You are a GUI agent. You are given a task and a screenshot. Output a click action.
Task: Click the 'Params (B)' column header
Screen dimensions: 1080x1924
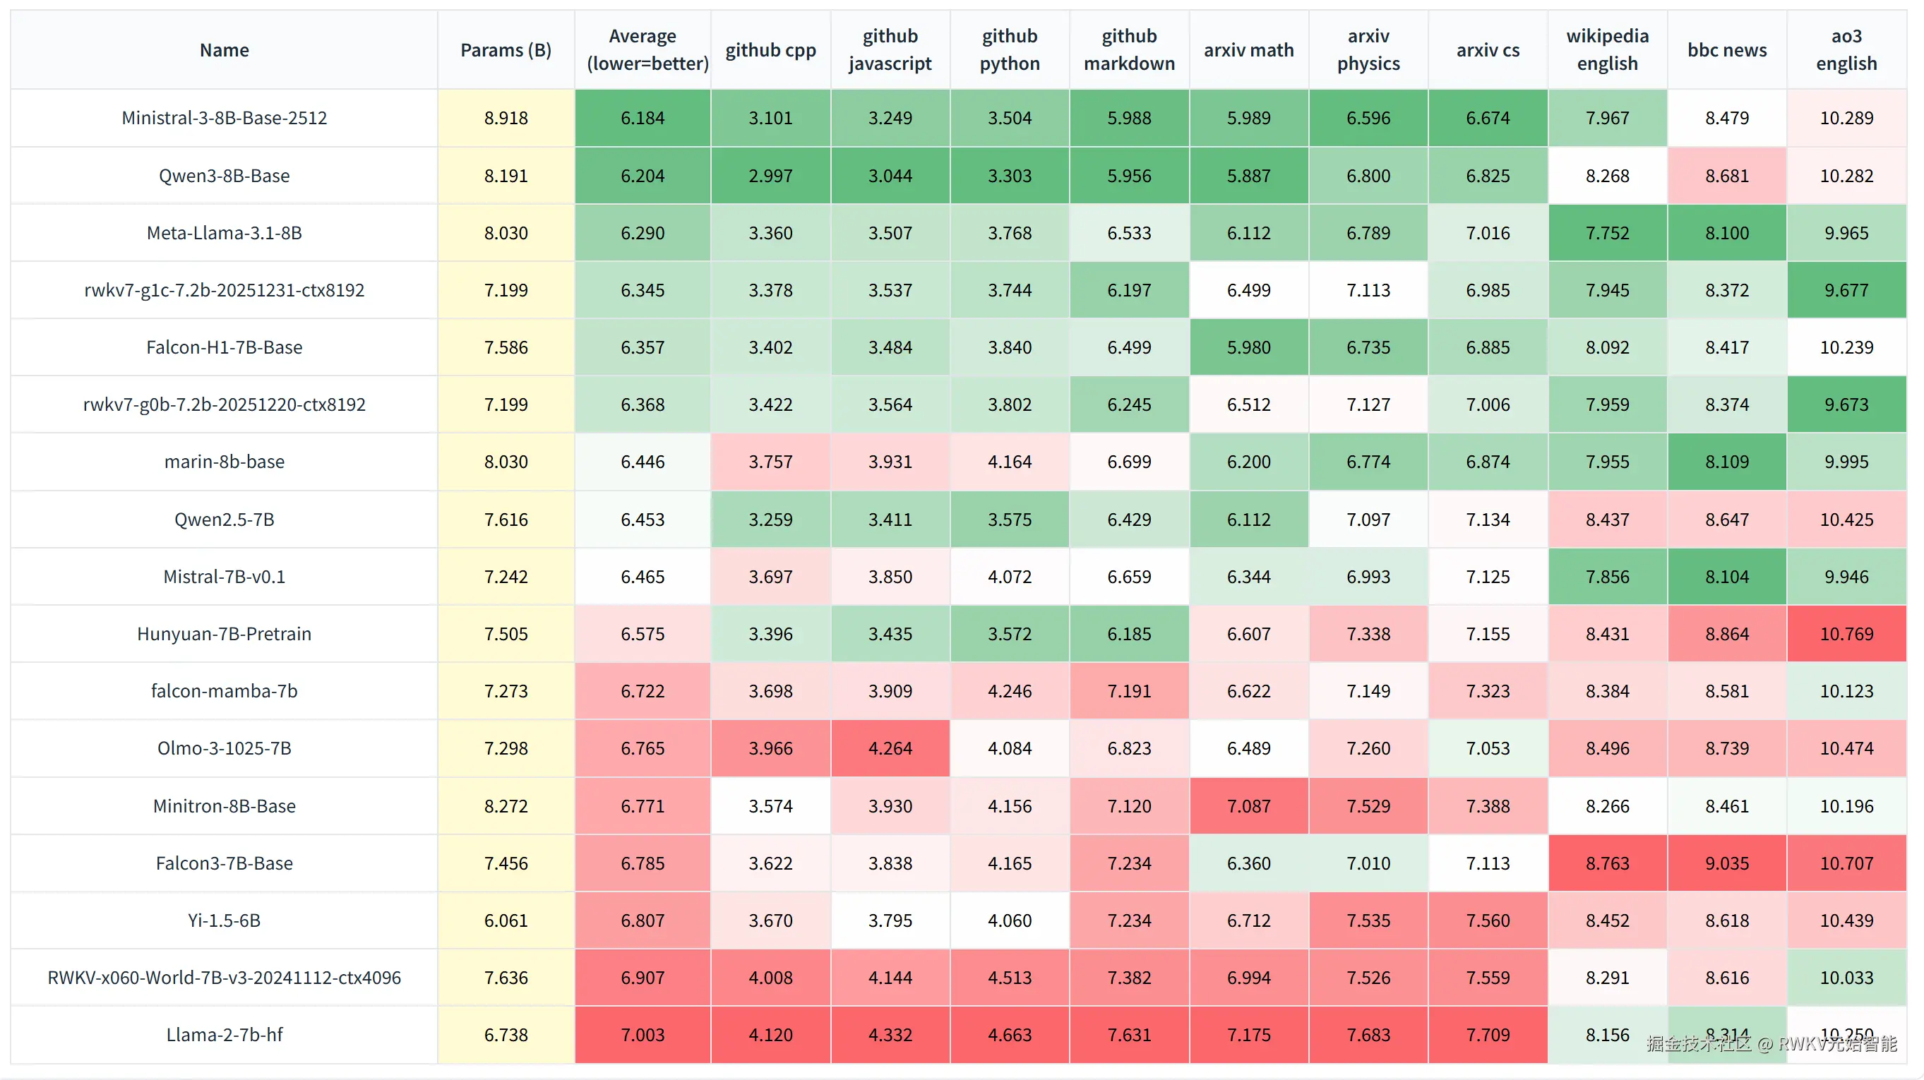pyautogui.click(x=506, y=50)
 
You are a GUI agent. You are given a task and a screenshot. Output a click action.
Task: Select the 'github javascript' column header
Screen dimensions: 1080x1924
pyautogui.click(x=890, y=50)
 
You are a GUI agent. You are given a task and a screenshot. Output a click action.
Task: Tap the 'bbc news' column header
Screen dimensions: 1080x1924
pyautogui.click(x=1727, y=50)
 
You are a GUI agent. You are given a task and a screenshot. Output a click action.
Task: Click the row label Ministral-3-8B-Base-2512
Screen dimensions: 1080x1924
pyautogui.click(x=224, y=118)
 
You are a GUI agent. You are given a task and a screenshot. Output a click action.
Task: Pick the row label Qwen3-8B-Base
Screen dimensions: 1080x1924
pyautogui.click(x=224, y=176)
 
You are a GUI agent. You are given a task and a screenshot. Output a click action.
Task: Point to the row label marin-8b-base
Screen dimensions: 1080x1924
pyautogui.click(x=224, y=462)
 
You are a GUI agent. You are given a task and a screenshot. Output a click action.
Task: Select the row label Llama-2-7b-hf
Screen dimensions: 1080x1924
pyautogui.click(x=224, y=1034)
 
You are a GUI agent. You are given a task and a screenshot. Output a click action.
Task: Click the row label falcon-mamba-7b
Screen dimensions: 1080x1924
pyautogui.click(x=224, y=691)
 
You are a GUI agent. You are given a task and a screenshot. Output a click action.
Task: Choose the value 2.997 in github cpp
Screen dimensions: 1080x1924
pyautogui.click(x=770, y=176)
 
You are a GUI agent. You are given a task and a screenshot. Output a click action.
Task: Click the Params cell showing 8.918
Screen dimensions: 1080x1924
pyautogui.click(x=506, y=118)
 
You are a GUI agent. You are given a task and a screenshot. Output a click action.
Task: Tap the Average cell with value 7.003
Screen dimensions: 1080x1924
pyautogui.click(x=643, y=1034)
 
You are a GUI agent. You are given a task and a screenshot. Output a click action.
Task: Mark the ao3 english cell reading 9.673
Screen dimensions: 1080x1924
pyautogui.click(x=1846, y=404)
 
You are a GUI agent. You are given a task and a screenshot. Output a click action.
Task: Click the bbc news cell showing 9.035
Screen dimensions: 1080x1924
pyautogui.click(x=1727, y=863)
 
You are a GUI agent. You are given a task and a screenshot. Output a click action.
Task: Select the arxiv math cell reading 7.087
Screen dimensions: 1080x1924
pyautogui.click(x=1248, y=806)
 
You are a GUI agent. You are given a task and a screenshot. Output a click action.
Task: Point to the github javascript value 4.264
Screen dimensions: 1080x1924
pyautogui.click(x=890, y=748)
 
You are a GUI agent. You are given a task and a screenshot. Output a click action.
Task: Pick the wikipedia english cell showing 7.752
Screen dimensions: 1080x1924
pyautogui.click(x=1607, y=233)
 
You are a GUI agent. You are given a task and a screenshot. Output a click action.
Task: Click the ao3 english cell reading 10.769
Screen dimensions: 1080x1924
pyautogui.click(x=1846, y=633)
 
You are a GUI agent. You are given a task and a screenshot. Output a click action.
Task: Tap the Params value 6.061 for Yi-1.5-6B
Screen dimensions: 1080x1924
pyautogui.click(x=506, y=920)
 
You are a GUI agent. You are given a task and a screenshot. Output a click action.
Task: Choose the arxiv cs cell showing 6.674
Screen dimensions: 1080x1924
pyautogui.click(x=1487, y=118)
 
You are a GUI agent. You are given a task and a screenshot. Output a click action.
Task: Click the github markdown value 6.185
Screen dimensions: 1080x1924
pyautogui.click(x=1128, y=633)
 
